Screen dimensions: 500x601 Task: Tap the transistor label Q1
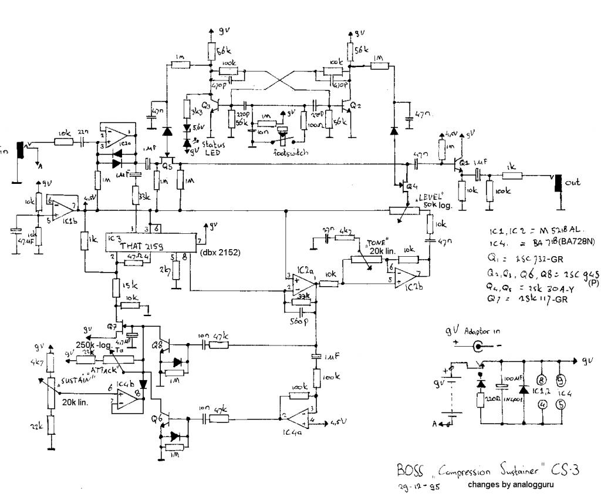(x=464, y=162)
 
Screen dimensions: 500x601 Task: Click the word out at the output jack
(x=572, y=183)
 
